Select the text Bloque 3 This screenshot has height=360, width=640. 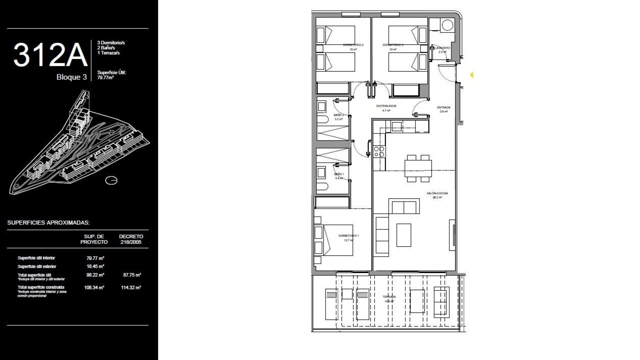pyautogui.click(x=71, y=77)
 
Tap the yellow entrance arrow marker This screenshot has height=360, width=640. pyautogui.click(x=472, y=75)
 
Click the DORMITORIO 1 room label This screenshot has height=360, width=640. pyautogui.click(x=348, y=236)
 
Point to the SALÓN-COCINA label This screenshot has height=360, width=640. pyautogui.click(x=437, y=193)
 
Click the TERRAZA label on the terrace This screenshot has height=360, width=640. pyautogui.click(x=389, y=297)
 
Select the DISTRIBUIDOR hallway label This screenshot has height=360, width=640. pyautogui.click(x=386, y=106)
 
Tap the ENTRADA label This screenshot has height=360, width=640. pyautogui.click(x=444, y=108)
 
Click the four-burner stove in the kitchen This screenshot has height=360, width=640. pyautogui.click(x=379, y=152)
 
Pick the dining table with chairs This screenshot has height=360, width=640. pyautogui.click(x=418, y=168)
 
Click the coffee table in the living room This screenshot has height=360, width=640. pyautogui.click(x=404, y=235)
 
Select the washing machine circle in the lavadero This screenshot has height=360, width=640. pyautogui.click(x=447, y=25)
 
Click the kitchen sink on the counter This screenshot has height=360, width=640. pyautogui.click(x=396, y=126)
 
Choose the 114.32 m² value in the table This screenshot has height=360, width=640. pyautogui.click(x=131, y=288)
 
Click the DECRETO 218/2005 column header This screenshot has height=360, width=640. pyautogui.click(x=131, y=239)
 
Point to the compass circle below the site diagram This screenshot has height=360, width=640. pyautogui.click(x=111, y=181)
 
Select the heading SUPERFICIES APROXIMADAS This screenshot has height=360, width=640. pyautogui.click(x=48, y=223)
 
